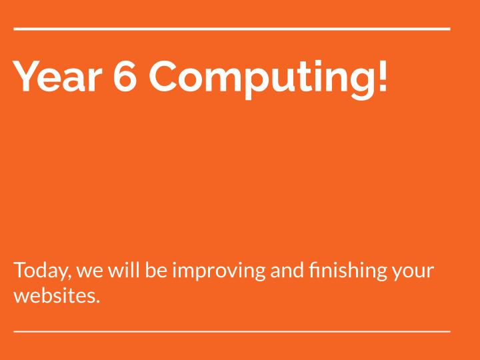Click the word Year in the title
tap(58, 75)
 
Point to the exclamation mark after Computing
tap(381, 75)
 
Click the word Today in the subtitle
tap(41, 271)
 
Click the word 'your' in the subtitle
tap(414, 273)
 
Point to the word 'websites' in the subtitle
tap(55, 295)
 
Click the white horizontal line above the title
tap(232, 29)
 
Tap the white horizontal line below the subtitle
tap(232, 330)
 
